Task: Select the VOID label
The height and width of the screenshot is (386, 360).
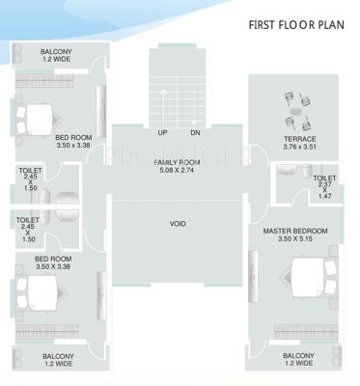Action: (178, 224)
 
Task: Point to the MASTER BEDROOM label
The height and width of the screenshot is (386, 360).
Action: (295, 232)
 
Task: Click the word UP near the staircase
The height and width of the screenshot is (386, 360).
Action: (161, 132)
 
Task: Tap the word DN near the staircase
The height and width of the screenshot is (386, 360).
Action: (194, 132)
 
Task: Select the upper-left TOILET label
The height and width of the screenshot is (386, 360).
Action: (29, 170)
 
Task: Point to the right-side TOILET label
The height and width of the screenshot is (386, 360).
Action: (324, 179)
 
